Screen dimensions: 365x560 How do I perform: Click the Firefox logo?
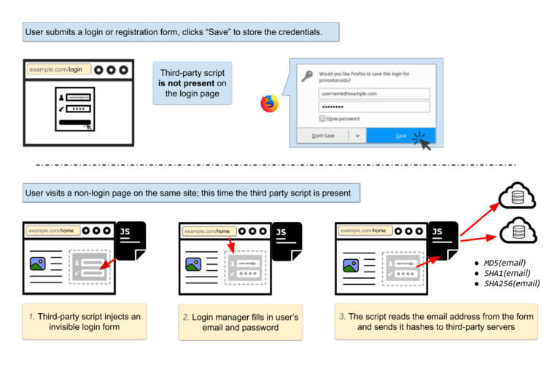(269, 104)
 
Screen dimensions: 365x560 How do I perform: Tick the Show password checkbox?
(322, 118)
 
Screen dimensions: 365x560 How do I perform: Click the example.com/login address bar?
(59, 69)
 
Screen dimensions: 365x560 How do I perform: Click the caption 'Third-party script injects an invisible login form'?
(84, 321)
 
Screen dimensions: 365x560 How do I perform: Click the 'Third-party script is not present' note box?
(192, 83)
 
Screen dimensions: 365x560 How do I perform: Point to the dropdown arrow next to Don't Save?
(357, 136)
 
